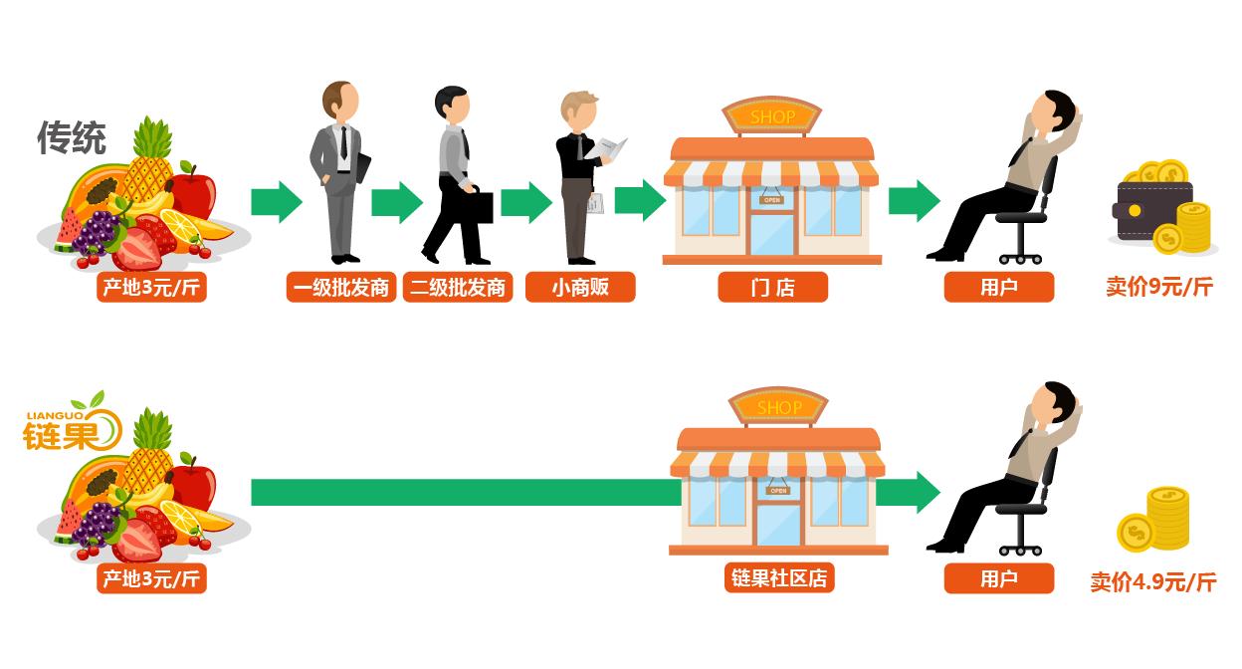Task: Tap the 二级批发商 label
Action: (x=458, y=288)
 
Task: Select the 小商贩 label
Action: (x=579, y=288)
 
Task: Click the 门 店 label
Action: (x=772, y=288)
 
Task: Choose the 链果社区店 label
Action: (x=778, y=578)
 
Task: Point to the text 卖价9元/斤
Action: (x=1159, y=287)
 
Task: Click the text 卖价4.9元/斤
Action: (x=1152, y=581)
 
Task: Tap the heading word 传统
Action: (x=72, y=137)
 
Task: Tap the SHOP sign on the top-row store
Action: (x=772, y=117)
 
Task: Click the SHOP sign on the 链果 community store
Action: (x=778, y=407)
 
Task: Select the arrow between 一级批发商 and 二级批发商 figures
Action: (x=396, y=202)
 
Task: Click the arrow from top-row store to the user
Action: (x=913, y=201)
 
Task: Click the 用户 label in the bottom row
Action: (x=998, y=578)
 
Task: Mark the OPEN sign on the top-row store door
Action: (x=771, y=200)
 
